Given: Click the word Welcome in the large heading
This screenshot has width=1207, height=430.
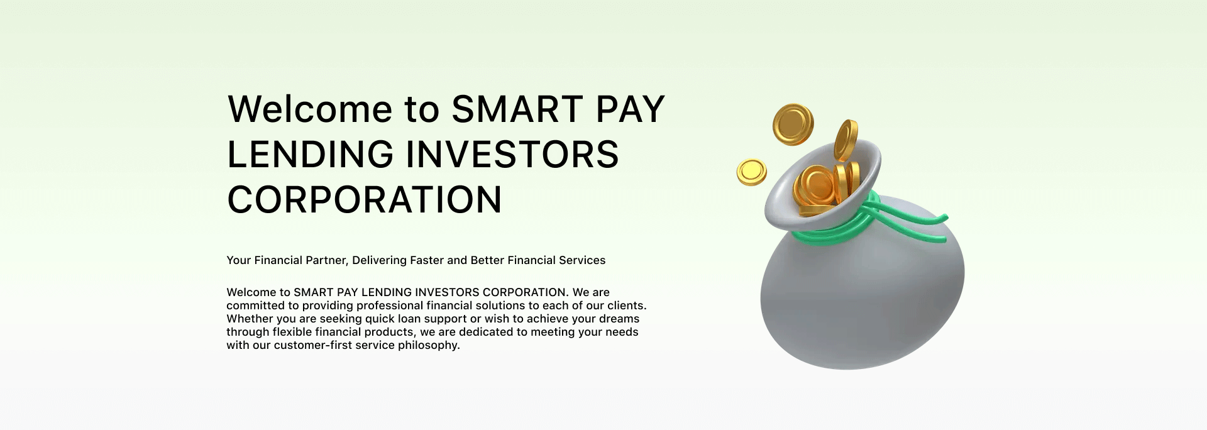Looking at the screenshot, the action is coord(310,109).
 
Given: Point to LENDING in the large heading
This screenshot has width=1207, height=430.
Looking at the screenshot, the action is coord(310,155).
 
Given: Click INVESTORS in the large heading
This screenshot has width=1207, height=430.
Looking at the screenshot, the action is coord(512,155).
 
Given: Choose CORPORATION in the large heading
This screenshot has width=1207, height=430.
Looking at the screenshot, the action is coord(365,200).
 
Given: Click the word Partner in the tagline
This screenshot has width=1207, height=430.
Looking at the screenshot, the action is coord(326,260).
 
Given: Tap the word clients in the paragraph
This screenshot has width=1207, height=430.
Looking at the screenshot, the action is coord(626,306).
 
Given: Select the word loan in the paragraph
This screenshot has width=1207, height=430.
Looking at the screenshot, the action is coord(409,319).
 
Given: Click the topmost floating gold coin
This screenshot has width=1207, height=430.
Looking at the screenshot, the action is coord(793,124).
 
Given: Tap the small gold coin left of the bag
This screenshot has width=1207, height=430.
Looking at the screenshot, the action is coord(751,172).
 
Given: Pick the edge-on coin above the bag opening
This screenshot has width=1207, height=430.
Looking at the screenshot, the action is coord(846,140).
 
